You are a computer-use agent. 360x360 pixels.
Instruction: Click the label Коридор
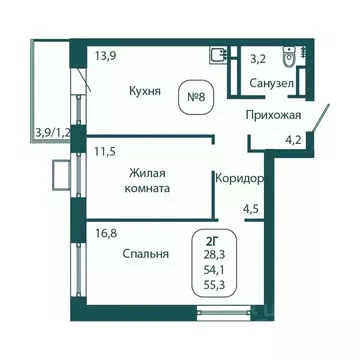[x=240, y=178]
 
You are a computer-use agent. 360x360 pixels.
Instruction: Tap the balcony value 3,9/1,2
[x=53, y=130]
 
